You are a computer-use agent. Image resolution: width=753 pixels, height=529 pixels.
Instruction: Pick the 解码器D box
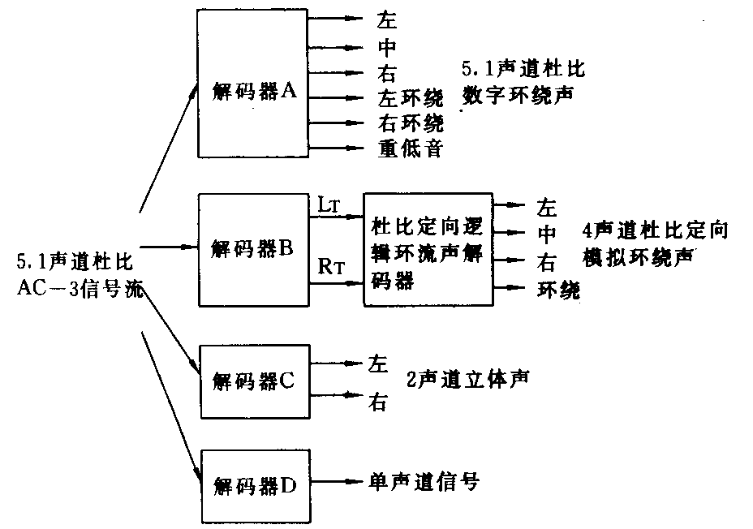coord(253,485)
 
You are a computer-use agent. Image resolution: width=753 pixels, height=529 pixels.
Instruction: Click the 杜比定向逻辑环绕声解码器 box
coord(428,249)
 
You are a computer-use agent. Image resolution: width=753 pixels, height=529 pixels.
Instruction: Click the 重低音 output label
coord(410,149)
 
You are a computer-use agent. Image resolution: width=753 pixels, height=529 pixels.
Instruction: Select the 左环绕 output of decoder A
coord(411,99)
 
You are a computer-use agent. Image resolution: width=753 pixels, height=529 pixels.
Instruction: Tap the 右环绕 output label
coord(411,123)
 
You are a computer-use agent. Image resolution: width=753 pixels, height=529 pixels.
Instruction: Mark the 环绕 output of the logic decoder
coord(558,290)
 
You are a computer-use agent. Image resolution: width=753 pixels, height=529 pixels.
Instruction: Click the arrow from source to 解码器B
coord(170,246)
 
